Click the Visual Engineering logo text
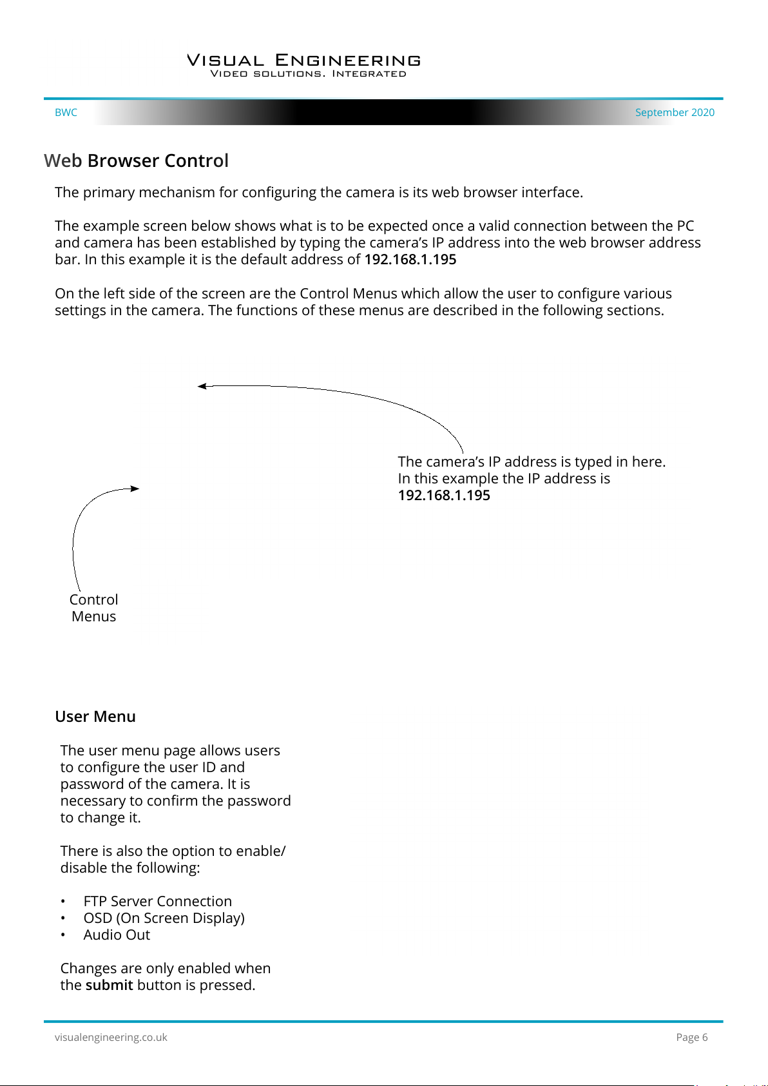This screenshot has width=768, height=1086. pyautogui.click(x=303, y=61)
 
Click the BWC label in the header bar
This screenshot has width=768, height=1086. pyautogui.click(x=66, y=112)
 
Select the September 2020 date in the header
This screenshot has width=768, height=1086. pyautogui.click(x=675, y=112)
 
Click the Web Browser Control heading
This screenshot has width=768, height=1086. pyautogui.click(x=136, y=160)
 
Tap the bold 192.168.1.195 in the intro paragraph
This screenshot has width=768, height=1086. pyautogui.click(x=410, y=260)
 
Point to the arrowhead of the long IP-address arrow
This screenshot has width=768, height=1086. pyautogui.click(x=202, y=386)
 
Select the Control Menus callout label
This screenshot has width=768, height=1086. pyautogui.click(x=94, y=608)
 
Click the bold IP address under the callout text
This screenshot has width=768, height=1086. pyautogui.click(x=444, y=496)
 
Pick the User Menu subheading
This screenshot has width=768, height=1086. pyautogui.click(x=95, y=717)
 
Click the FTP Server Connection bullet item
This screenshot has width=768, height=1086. pyautogui.click(x=157, y=901)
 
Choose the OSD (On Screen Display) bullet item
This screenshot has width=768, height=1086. pyautogui.click(x=164, y=918)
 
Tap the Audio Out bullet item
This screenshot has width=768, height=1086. pyautogui.click(x=117, y=935)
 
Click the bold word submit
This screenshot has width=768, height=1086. pyautogui.click(x=109, y=985)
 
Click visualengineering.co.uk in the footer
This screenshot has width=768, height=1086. pyautogui.click(x=111, y=1037)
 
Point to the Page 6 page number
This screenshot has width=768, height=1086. pyautogui.click(x=691, y=1037)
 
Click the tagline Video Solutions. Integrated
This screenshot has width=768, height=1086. pyautogui.click(x=308, y=74)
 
